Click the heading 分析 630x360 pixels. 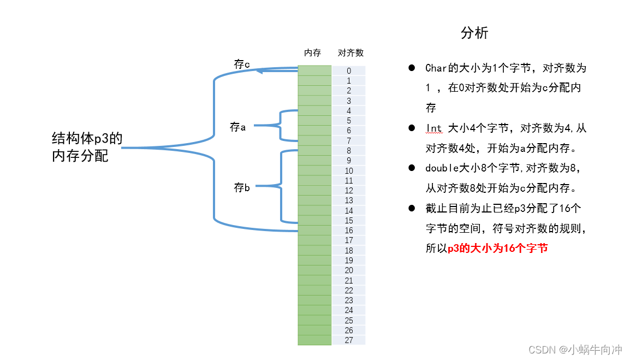coord(474,33)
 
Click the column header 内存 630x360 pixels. coord(312,53)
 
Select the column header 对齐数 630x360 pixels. coord(350,53)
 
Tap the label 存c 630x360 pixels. coord(242,64)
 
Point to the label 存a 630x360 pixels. coord(238,127)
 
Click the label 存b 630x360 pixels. coord(242,188)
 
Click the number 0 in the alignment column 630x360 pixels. coord(349,71)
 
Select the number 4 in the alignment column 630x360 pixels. coord(349,111)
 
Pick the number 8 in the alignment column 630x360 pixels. coord(349,151)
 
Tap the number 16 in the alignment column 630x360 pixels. coord(349,231)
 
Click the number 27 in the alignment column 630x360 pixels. coord(349,340)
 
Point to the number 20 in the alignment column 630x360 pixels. coord(349,270)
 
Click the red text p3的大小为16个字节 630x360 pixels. coord(497,248)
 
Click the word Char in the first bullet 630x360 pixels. coord(436,68)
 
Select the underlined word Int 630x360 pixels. coord(433,128)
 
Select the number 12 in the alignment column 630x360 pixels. coord(349,191)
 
